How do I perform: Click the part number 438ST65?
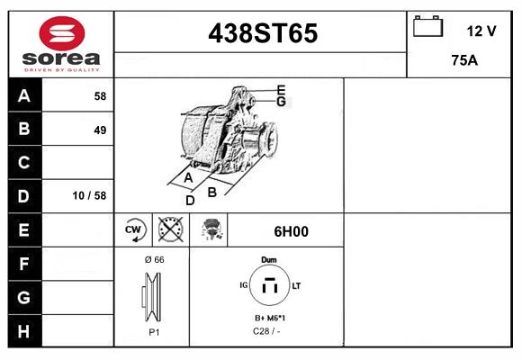coord(263,33)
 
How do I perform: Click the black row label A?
coord(24,95)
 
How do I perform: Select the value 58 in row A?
coord(100,95)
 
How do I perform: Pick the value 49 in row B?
coord(100,130)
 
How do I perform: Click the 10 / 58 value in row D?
coord(93,195)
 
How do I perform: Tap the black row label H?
coord(24,330)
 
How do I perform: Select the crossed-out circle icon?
coord(169,230)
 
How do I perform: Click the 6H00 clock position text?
coord(291,231)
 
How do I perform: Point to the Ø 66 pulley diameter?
coord(154,259)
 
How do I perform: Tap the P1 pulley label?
coord(154,332)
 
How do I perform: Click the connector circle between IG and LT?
coord(269,286)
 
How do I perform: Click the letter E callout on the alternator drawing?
coord(281,89)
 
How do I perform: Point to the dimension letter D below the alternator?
coord(190,200)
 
